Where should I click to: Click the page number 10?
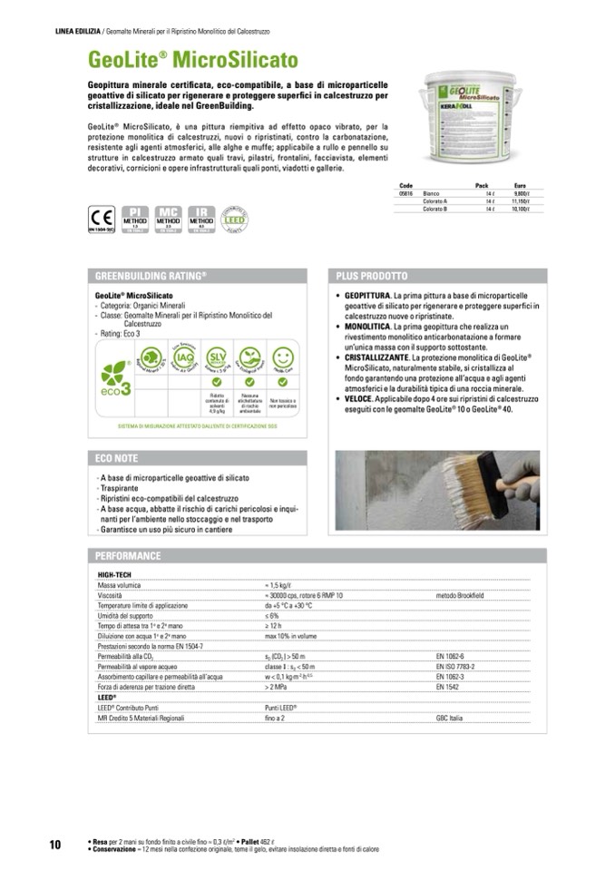pyautogui.click(x=54, y=845)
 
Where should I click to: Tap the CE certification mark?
pyautogui.click(x=101, y=219)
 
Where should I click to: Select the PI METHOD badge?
pyautogui.click(x=134, y=218)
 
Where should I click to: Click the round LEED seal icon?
pyautogui.click(x=236, y=219)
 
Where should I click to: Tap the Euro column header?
pyautogui.click(x=520, y=185)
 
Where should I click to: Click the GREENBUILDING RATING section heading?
pyautogui.click(x=151, y=276)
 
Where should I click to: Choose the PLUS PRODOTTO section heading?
pyautogui.click(x=372, y=276)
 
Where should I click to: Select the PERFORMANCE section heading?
pyautogui.click(x=128, y=555)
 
